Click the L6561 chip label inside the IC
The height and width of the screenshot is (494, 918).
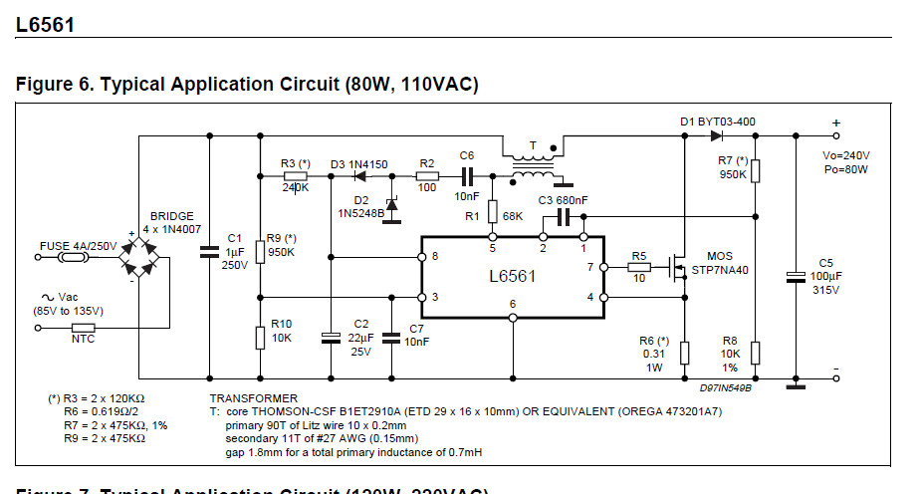512,276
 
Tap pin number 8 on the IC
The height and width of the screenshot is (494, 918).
434,257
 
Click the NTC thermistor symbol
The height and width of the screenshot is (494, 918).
83,327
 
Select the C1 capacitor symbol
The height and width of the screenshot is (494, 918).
208,254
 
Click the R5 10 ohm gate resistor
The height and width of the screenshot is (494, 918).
638,267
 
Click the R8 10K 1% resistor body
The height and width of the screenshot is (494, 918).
756,353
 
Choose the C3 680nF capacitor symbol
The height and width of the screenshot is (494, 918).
561,216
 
